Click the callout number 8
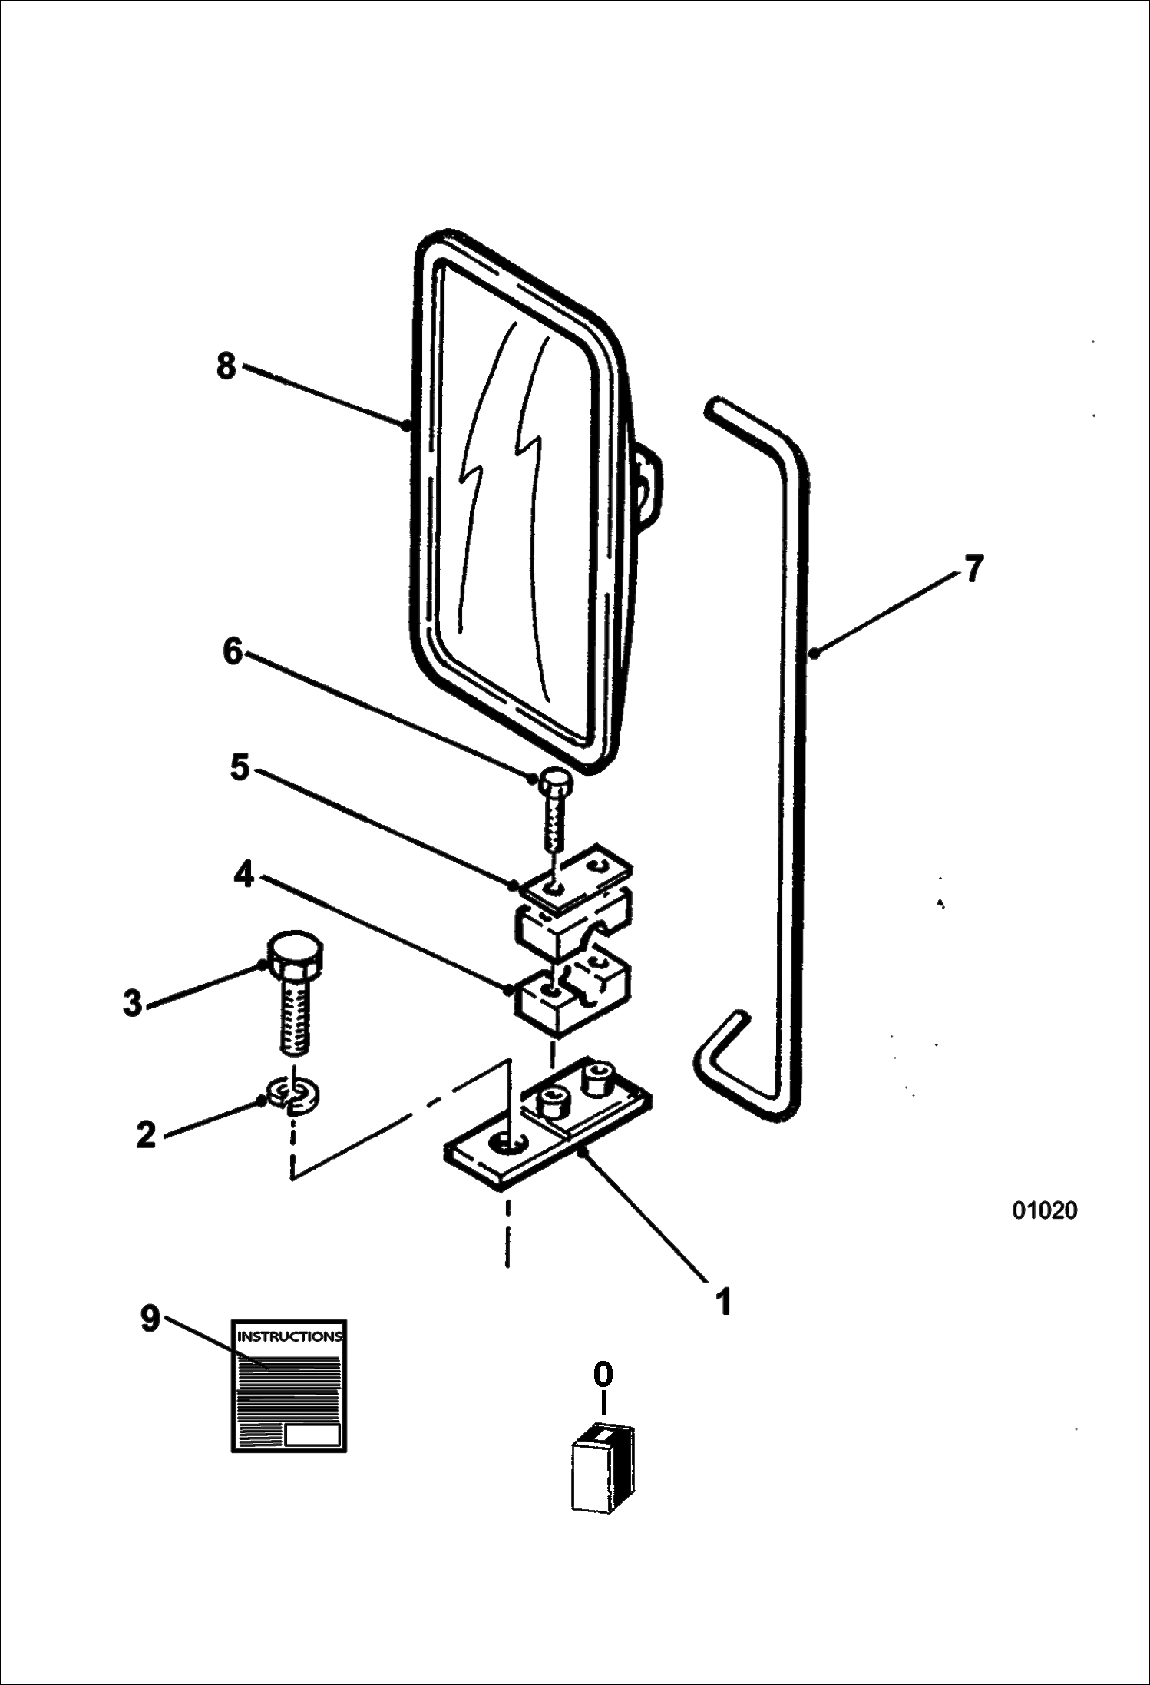pos(226,366)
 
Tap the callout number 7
pos(973,570)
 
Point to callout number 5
pos(240,767)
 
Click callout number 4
pos(244,874)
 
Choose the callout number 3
pos(134,1004)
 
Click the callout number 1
pos(722,1303)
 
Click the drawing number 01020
pos(1045,1210)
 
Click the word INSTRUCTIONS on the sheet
pos(289,1336)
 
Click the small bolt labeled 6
pos(554,810)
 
